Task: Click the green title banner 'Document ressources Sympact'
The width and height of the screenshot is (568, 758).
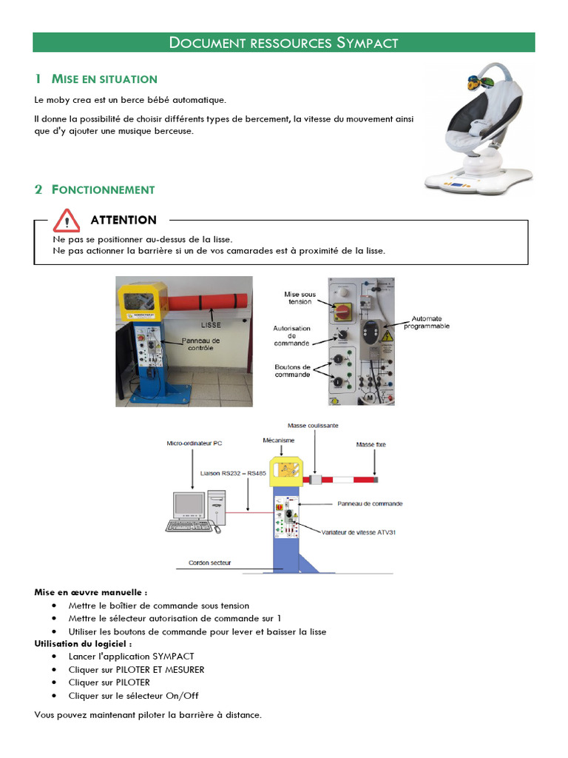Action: (x=283, y=42)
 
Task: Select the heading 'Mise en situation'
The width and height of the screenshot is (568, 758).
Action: (x=104, y=79)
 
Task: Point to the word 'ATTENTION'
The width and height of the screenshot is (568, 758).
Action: (x=124, y=220)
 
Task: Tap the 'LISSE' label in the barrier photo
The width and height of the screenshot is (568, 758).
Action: (x=212, y=324)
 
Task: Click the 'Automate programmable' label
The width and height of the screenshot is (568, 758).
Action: (x=426, y=322)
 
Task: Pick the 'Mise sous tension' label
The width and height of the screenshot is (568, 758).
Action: (x=300, y=298)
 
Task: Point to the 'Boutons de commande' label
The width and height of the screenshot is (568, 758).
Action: (x=292, y=371)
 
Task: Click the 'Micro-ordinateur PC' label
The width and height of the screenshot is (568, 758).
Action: (x=195, y=443)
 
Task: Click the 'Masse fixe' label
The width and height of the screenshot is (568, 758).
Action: (x=371, y=445)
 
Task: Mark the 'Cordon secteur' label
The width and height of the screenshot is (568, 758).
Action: (x=209, y=563)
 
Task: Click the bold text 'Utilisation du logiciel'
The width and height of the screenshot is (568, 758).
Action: (x=83, y=644)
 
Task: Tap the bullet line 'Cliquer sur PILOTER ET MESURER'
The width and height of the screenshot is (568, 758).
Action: (x=136, y=669)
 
